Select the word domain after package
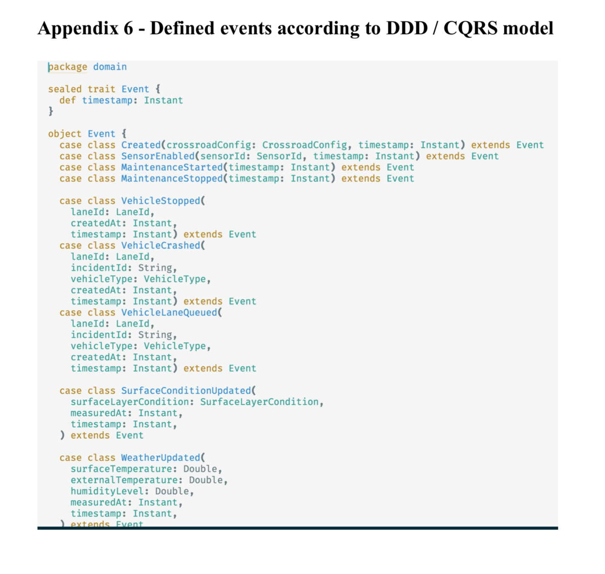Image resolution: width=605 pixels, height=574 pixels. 110,67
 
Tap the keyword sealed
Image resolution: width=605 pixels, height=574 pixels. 65,89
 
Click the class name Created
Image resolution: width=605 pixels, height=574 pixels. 141,145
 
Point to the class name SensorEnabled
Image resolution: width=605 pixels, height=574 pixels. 158,156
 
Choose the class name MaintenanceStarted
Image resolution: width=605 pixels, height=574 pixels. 172,167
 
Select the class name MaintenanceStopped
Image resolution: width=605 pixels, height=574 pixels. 172,179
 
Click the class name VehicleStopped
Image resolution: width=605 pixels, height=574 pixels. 161,201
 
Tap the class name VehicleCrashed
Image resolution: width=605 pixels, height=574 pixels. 161,245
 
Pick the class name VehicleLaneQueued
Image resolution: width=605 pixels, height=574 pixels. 169,313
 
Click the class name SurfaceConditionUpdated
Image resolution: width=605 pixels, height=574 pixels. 186,391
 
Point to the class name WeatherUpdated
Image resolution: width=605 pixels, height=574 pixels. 161,458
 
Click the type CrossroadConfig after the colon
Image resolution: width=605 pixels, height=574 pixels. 304,145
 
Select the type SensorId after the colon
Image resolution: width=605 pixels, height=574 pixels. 279,156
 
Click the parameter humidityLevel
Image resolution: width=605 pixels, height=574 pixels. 107,492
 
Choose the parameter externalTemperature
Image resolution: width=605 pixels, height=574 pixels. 124,480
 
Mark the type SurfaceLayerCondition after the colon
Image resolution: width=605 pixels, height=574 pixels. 259,402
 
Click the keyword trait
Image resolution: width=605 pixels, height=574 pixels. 102,89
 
